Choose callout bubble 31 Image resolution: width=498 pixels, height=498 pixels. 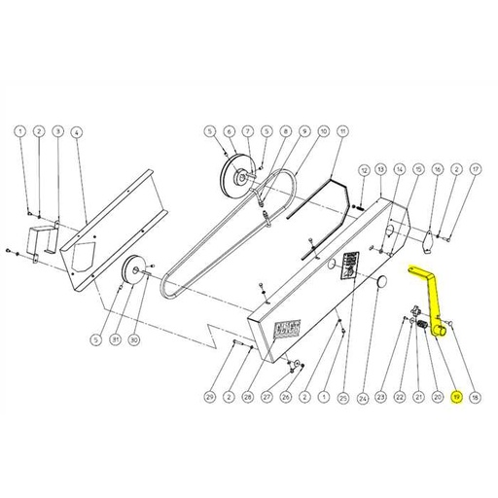click(x=115, y=339)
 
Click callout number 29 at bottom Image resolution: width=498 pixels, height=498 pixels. click(x=208, y=397)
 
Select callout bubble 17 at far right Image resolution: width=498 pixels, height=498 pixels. click(x=474, y=169)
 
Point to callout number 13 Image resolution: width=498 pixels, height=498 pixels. click(x=381, y=169)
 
